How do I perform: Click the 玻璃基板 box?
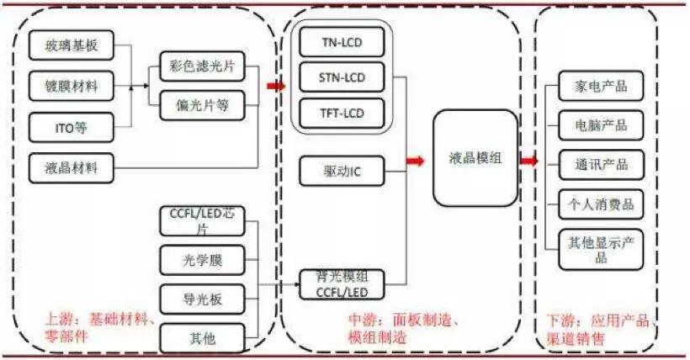click(x=72, y=45)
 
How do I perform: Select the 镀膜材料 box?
click(x=72, y=86)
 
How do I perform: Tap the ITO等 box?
click(x=72, y=127)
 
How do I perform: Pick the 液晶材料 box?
click(x=72, y=167)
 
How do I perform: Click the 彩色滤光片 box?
click(x=202, y=66)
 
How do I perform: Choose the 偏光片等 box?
click(x=202, y=106)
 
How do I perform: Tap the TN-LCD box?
click(x=342, y=41)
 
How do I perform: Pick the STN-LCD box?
click(x=342, y=77)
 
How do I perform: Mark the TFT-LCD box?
click(x=342, y=114)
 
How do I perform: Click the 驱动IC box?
click(x=342, y=172)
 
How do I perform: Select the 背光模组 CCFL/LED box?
click(x=342, y=284)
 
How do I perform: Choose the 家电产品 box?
click(x=599, y=87)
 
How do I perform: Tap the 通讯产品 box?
click(x=599, y=165)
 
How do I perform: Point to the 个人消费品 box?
click(x=599, y=204)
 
